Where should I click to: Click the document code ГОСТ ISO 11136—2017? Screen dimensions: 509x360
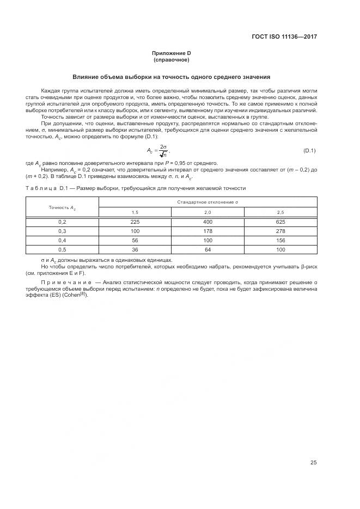point(284,37)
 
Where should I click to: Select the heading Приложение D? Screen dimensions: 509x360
point(172,53)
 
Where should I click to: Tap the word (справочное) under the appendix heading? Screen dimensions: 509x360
point(172,60)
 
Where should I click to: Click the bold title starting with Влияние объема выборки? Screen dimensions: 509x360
point(172,77)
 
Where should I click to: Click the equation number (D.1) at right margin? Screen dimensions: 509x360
point(309,150)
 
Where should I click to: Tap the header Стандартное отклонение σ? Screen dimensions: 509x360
point(208,202)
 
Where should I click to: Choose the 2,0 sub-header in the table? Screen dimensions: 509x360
point(208,212)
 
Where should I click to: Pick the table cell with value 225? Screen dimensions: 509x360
point(135,222)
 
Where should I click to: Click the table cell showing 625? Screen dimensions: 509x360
point(280,222)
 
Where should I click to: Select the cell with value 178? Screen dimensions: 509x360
point(208,231)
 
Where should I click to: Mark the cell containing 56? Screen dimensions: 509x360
point(135,240)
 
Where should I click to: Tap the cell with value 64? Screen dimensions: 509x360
point(208,249)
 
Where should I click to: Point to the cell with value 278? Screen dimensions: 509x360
point(280,231)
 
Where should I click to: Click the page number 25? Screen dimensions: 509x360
point(313,463)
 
